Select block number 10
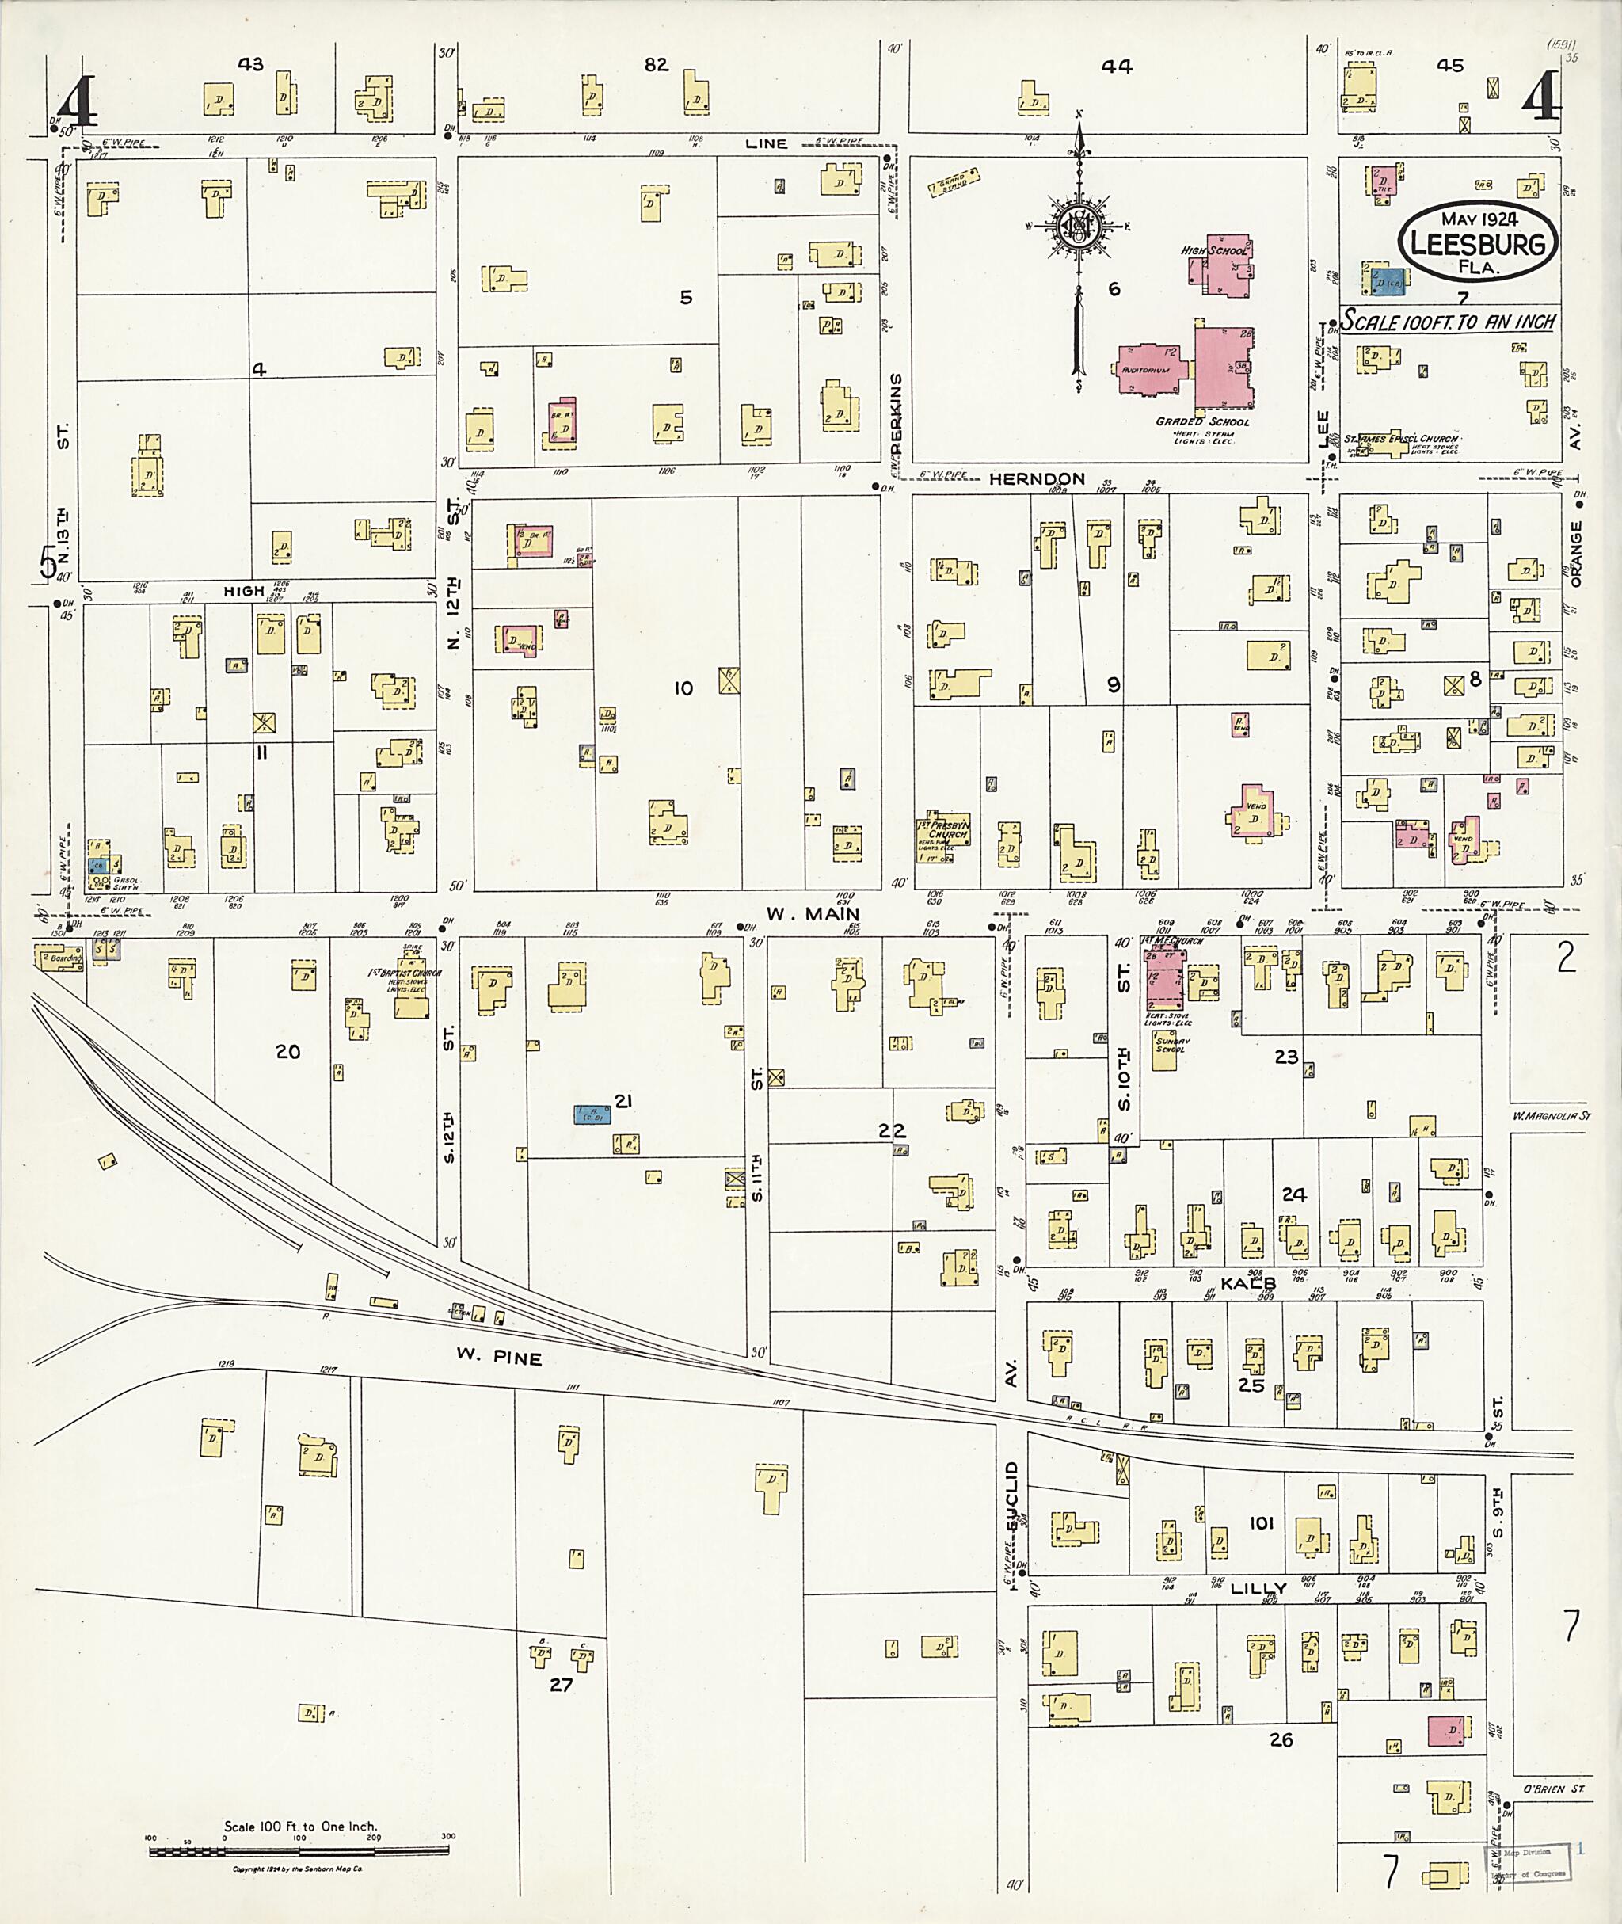pyautogui.click(x=683, y=688)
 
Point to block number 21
pyautogui.click(x=623, y=1100)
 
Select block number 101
pyautogui.click(x=1261, y=1523)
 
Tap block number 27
pyautogui.click(x=561, y=1685)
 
